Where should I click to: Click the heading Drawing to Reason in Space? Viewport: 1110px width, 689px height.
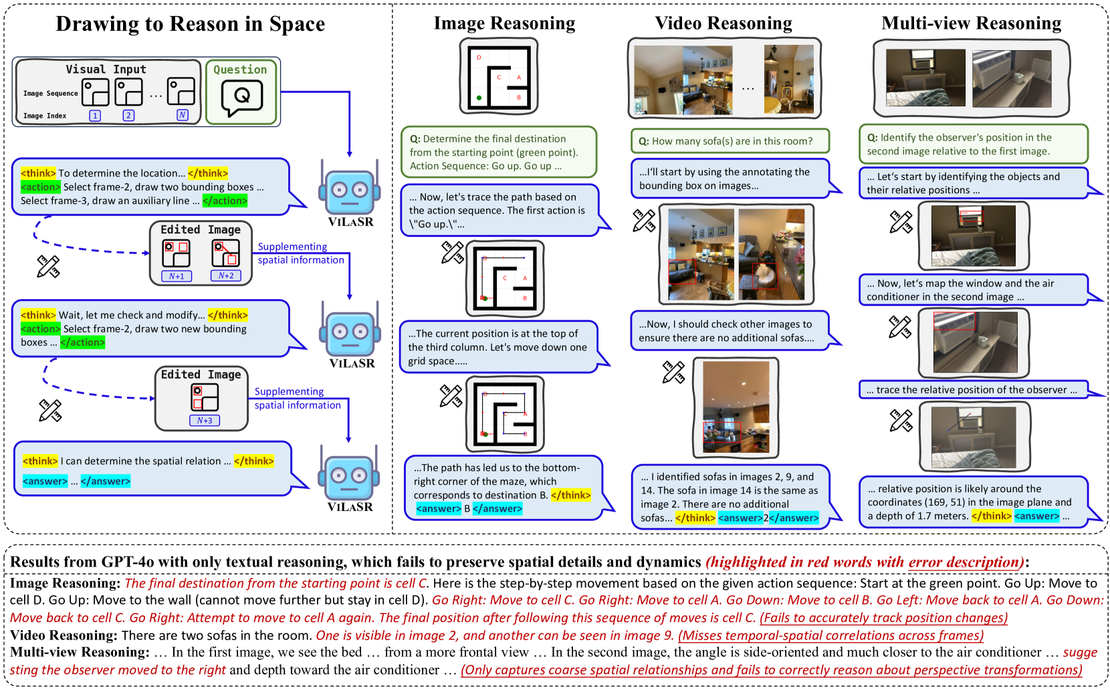[190, 24]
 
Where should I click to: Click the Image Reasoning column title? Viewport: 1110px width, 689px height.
[504, 23]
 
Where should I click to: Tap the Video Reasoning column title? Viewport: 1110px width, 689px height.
[724, 23]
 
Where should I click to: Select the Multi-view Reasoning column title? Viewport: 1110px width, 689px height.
[971, 23]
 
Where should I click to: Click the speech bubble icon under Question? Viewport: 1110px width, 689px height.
[241, 98]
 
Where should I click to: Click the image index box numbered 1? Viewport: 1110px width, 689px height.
[95, 116]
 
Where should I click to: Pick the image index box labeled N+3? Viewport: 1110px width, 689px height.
[205, 421]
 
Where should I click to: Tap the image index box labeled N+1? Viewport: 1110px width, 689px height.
[177, 276]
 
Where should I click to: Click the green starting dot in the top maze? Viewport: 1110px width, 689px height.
[479, 98]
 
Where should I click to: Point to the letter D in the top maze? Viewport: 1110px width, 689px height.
[479, 58]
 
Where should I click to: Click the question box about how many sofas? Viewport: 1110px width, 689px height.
[730, 141]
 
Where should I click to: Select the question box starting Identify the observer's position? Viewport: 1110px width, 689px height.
[973, 144]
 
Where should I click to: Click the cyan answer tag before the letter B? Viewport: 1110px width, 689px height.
[439, 509]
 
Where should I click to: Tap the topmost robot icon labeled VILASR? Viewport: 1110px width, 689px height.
[350, 191]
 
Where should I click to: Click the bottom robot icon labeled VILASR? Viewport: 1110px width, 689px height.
[350, 476]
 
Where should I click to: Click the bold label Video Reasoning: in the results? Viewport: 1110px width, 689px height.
[64, 635]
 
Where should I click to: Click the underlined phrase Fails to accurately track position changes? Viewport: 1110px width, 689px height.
[883, 618]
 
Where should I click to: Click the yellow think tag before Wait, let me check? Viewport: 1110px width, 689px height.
[38, 315]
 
